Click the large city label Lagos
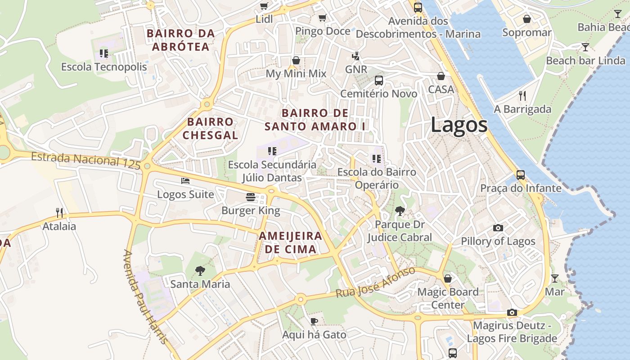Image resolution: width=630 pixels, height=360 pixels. pyautogui.click(x=459, y=125)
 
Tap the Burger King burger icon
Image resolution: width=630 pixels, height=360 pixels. pyautogui.click(x=251, y=197)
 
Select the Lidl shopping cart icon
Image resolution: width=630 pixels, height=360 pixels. pyautogui.click(x=264, y=6)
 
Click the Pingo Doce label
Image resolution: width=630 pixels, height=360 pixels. pyautogui.click(x=322, y=31)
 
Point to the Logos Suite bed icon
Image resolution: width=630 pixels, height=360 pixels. pyautogui.click(x=185, y=181)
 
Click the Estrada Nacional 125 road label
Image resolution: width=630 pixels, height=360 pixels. pyautogui.click(x=86, y=160)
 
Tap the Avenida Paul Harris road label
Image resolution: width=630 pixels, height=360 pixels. pyautogui.click(x=145, y=297)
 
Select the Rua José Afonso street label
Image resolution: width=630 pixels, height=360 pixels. pyautogui.click(x=375, y=282)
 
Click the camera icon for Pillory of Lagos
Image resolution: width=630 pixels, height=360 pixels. pyautogui.click(x=498, y=228)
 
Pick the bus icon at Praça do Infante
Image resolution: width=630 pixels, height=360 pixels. pyautogui.click(x=521, y=175)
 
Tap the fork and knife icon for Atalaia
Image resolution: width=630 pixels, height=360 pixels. pyautogui.click(x=59, y=212)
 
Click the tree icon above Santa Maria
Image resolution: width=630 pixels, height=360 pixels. pyautogui.click(x=200, y=270)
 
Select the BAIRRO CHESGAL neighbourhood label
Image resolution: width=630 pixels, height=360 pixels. pyautogui.click(x=210, y=128)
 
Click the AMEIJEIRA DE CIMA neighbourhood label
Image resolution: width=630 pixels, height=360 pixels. pyautogui.click(x=290, y=243)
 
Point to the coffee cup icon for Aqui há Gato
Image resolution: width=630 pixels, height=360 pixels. pyautogui.click(x=314, y=321)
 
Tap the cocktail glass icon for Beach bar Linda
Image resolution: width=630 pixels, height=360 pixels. pyautogui.click(x=585, y=47)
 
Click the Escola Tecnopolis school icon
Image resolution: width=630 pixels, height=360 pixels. pyautogui.click(x=104, y=54)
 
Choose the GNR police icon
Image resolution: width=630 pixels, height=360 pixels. pyautogui.click(x=356, y=56)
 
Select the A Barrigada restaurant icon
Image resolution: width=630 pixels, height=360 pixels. pyautogui.click(x=522, y=95)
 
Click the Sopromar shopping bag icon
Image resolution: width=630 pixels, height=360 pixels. pyautogui.click(x=526, y=19)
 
